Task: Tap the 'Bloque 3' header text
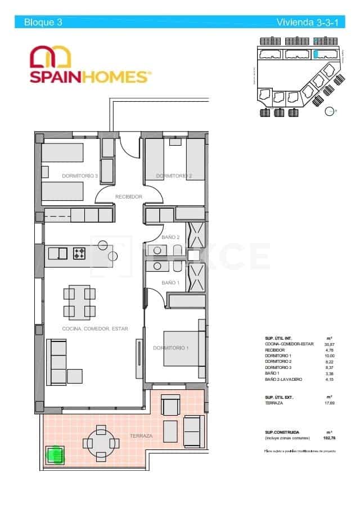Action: coord(43,22)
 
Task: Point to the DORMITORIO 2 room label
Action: coord(174,176)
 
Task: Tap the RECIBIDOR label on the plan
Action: coord(129,196)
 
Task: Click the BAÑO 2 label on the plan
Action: coord(170,237)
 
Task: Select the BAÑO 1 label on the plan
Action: coord(170,282)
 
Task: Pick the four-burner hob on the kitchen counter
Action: coord(79,254)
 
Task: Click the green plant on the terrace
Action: coord(55,453)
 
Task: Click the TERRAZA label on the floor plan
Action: coord(141,436)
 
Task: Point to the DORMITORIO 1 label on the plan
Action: coord(171,348)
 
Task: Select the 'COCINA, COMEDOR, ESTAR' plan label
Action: coord(95,328)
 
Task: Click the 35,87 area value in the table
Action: coord(330,344)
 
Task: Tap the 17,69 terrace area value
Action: coord(330,403)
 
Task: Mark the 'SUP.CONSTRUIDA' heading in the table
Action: coord(282,431)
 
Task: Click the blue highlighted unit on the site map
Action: coord(316,54)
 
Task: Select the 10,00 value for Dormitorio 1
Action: coord(330,355)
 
